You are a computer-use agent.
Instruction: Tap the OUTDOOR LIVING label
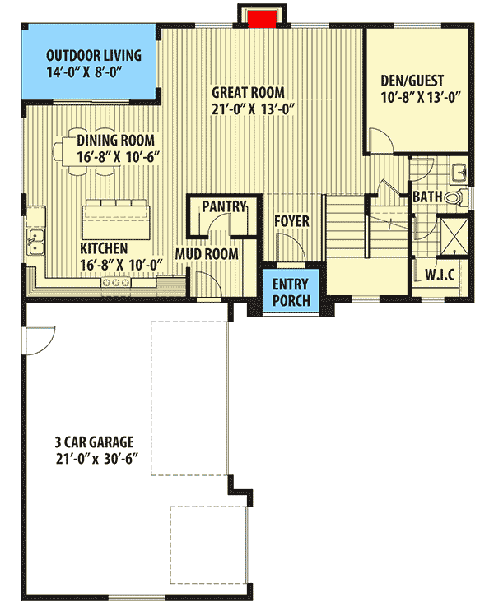[94, 56]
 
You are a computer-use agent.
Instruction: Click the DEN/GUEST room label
[412, 81]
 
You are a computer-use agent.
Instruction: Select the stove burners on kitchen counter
[115, 283]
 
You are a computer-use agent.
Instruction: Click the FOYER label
[292, 221]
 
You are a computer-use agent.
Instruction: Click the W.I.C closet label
[440, 273]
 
